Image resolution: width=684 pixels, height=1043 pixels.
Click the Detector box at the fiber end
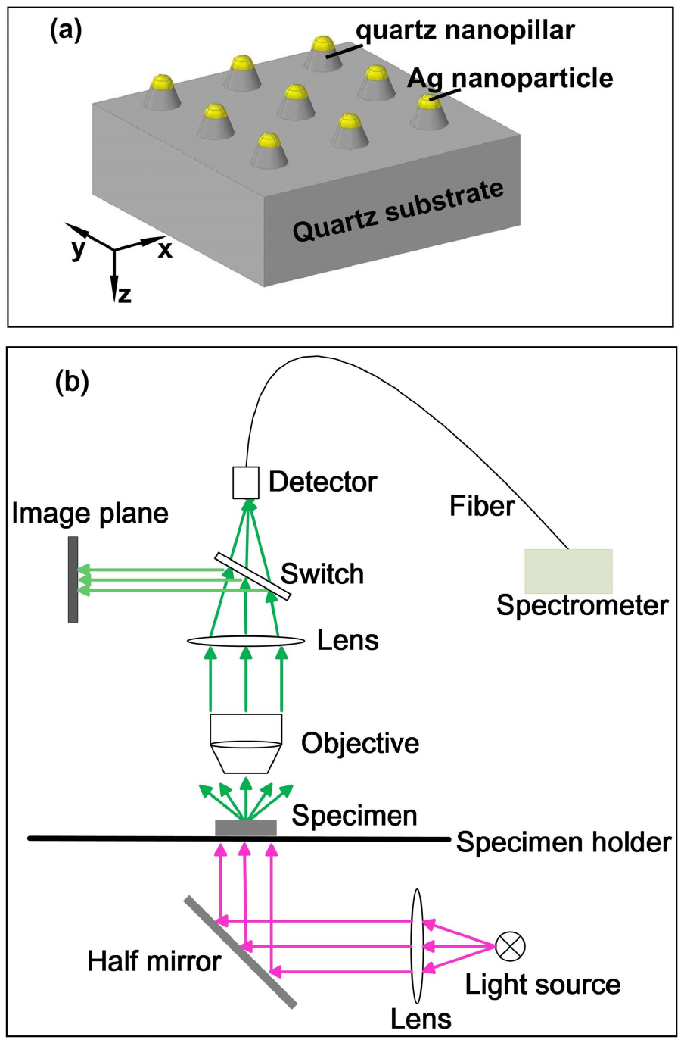245,482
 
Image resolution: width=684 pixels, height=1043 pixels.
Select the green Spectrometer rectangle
568,571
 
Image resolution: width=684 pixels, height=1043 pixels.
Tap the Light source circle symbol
510,945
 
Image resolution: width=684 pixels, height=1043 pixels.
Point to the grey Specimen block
246,828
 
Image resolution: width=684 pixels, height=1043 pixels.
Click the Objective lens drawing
246,742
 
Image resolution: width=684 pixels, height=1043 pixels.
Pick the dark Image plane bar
73,579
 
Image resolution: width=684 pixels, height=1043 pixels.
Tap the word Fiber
481,506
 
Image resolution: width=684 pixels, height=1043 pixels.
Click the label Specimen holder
564,843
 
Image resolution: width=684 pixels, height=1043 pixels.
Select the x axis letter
165,249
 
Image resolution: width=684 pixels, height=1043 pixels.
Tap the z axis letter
125,294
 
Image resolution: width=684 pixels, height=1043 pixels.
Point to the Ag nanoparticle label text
510,78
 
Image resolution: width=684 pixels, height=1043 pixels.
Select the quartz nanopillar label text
465,30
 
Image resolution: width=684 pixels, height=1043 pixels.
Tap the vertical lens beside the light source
418,945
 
